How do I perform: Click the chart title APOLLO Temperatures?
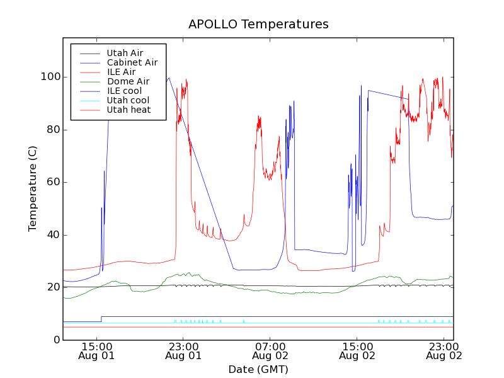coord(258,25)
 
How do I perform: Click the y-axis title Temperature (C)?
coord(33,188)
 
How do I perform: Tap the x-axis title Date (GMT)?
coord(258,369)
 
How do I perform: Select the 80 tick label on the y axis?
coord(54,130)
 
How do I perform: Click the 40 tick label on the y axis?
coord(54,235)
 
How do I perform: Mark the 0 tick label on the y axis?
coord(57,340)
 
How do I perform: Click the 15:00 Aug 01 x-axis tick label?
coord(96,350)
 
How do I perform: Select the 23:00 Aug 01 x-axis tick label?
coord(183,350)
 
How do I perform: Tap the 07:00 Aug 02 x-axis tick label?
coord(270,350)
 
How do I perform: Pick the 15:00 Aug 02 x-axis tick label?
coord(357,350)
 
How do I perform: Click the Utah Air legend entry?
coord(125,53)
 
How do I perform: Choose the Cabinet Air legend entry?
coord(132,62)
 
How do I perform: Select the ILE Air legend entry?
coord(121,72)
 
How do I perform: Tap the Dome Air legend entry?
coord(128,81)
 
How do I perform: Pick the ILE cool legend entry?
coord(124,91)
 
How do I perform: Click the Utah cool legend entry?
coord(128,100)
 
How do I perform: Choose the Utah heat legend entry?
coord(128,110)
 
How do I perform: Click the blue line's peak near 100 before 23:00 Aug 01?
coord(169,78)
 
